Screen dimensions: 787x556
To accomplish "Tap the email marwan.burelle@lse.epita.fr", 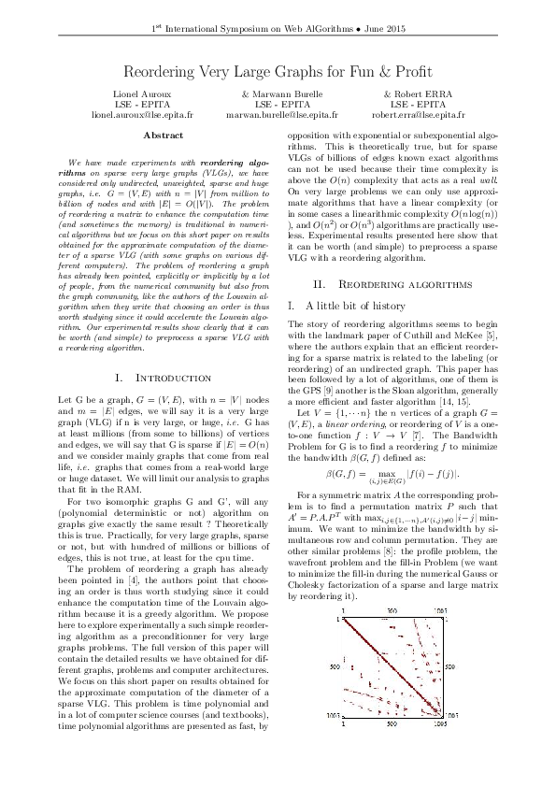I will pyautogui.click(x=278, y=116).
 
